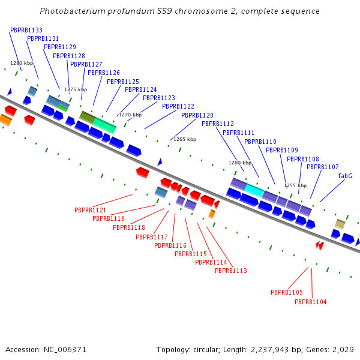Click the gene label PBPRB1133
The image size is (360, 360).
[x=26, y=30]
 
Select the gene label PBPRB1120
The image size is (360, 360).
[x=197, y=115]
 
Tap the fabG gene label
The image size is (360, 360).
[x=345, y=176]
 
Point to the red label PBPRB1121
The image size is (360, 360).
[x=91, y=211]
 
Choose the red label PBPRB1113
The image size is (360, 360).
[x=231, y=271]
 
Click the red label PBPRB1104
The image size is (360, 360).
[x=311, y=302]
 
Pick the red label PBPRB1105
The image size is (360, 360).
[x=287, y=292]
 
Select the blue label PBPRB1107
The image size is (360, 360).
[x=323, y=167]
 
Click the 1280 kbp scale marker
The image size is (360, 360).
[x=22, y=63]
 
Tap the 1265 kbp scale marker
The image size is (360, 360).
[x=185, y=139]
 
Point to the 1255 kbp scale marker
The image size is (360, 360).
[x=295, y=185]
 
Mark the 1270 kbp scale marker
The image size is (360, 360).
[x=130, y=115]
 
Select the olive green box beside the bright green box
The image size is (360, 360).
[x=88, y=118]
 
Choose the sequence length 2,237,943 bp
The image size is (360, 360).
[x=273, y=349]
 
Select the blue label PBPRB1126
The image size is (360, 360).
[x=104, y=73]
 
